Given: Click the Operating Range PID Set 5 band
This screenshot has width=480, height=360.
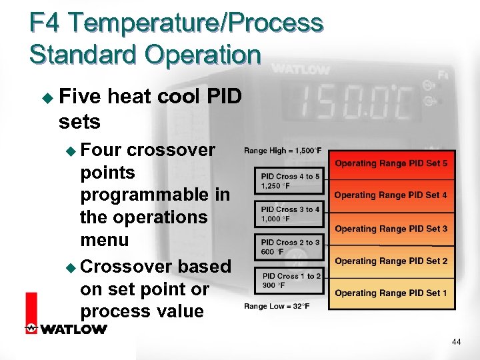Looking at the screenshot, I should click(391, 163).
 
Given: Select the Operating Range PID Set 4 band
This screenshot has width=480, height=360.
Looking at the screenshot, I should click(391, 195).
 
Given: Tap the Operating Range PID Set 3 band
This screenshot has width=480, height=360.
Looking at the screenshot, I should click(391, 229).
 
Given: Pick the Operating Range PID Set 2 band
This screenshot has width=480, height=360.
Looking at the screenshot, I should click(391, 261).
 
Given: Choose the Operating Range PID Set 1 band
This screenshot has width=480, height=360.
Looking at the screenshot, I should click(391, 293).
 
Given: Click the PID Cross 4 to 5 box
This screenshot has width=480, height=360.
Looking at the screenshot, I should click(290, 180).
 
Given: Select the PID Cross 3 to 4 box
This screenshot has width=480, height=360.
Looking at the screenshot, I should click(290, 213).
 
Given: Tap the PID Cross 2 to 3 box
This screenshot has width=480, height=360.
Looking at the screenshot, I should click(290, 247).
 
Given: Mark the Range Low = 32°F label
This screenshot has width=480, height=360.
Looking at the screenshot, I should click(276, 306).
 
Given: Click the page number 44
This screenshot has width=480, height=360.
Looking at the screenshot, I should click(456, 342).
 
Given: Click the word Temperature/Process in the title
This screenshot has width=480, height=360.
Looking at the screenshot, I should click(197, 23).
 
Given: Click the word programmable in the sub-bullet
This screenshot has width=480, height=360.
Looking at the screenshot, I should click(155, 195).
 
